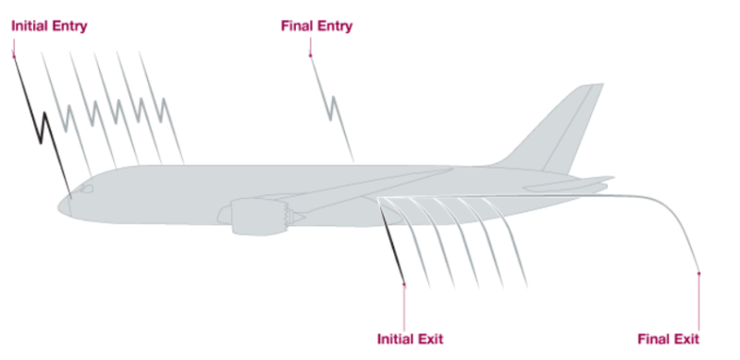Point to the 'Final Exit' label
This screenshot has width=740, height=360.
(x=669, y=338)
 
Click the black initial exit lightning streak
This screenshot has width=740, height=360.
(x=392, y=245)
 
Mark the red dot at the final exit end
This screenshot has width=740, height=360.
(x=698, y=273)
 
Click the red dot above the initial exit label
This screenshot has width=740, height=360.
(x=404, y=284)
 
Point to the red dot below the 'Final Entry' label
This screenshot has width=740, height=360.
(x=310, y=56)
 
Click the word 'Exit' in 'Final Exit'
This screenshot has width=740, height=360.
(x=685, y=338)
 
